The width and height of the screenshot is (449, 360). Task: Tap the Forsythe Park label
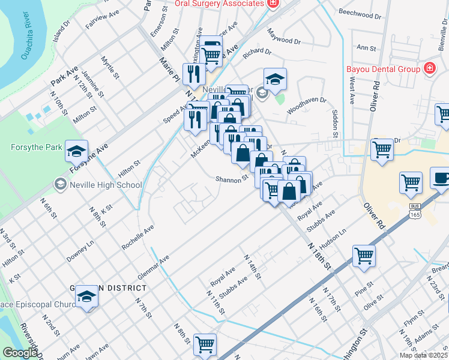tap(32, 147)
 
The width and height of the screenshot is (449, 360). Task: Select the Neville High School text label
tap(106, 185)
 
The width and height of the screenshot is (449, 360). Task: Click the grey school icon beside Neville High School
tap(60, 185)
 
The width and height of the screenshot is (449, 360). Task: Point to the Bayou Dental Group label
tap(383, 69)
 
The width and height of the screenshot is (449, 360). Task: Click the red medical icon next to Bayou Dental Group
tap(429, 69)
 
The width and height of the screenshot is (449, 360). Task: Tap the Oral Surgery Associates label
tap(220, 3)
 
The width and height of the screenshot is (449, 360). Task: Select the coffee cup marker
tap(442, 179)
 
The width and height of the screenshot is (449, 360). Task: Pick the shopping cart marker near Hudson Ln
tap(364, 256)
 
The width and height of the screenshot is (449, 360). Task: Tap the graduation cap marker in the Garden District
tap(87, 296)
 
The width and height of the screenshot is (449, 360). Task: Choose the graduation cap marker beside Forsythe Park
tap(76, 152)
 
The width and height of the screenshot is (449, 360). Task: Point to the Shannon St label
tap(232, 179)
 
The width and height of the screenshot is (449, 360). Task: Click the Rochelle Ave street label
tap(138, 238)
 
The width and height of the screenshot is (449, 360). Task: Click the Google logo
tap(20, 353)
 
